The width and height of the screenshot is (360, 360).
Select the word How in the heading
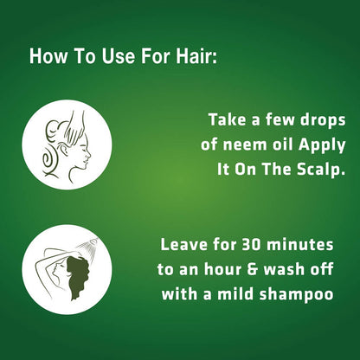pyautogui.click(x=48, y=56)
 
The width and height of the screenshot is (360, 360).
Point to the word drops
pyautogui.click(x=323, y=121)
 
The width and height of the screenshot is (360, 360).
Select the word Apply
pyautogui.click(x=322, y=145)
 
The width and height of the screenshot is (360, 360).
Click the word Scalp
pyautogui.click(x=321, y=170)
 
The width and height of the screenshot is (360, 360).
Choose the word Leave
pyautogui.click(x=183, y=245)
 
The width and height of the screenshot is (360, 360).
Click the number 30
pyautogui.click(x=251, y=245)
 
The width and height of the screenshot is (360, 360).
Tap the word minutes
pyautogui.click(x=300, y=245)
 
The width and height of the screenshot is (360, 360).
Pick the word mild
pyautogui.click(x=235, y=294)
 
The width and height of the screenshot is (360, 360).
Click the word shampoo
pyautogui.click(x=296, y=295)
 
